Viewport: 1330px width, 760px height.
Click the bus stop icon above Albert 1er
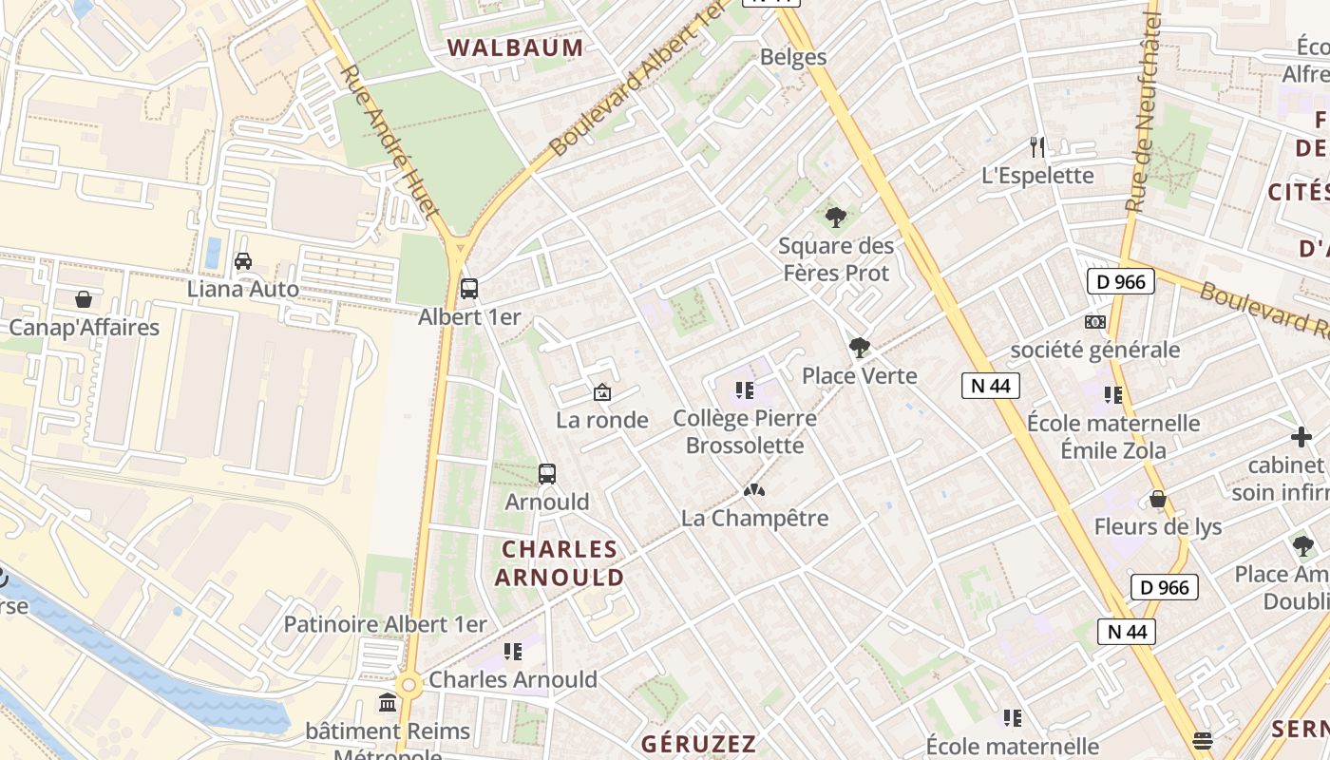coord(468,288)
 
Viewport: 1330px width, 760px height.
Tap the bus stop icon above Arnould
coord(547,473)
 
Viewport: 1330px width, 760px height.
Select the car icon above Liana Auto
coord(243,260)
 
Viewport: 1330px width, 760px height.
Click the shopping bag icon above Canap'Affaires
coord(84,299)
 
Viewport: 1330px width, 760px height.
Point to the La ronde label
coord(602,420)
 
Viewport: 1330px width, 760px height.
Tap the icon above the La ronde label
coord(602,391)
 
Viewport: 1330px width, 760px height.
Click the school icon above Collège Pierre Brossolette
coord(745,389)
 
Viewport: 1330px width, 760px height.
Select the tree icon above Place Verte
coord(860,348)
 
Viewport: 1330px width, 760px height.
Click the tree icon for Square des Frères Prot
coord(836,218)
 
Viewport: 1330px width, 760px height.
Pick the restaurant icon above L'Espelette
coord(1037,147)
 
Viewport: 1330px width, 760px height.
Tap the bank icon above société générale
coord(1095,322)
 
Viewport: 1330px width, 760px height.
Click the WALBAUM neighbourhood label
coord(516,47)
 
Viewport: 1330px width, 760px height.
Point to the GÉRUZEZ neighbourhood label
coord(698,744)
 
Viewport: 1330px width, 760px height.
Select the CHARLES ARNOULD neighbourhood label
coord(560,563)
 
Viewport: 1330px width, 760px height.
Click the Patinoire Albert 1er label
coord(385,624)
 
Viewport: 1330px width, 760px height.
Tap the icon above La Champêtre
coord(754,490)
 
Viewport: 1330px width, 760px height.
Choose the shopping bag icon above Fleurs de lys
coord(1158,499)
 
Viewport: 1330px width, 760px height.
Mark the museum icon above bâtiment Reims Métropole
coord(388,703)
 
